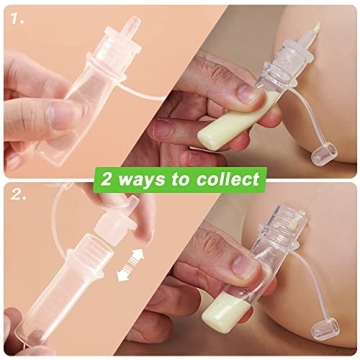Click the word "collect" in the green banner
[x=226, y=181]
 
